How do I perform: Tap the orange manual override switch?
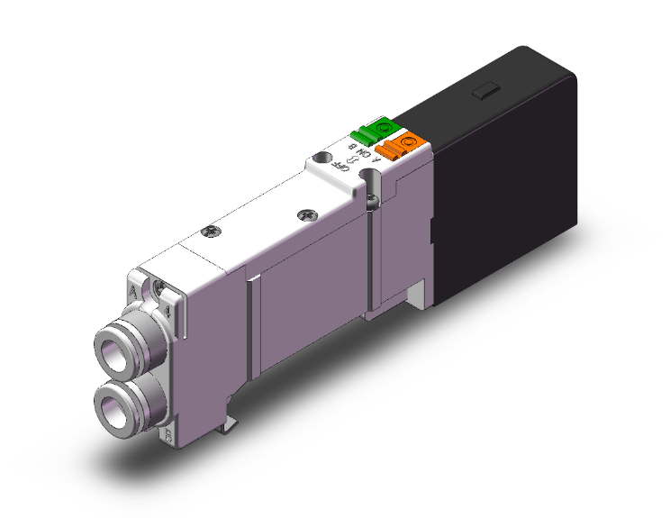click(x=401, y=145)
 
